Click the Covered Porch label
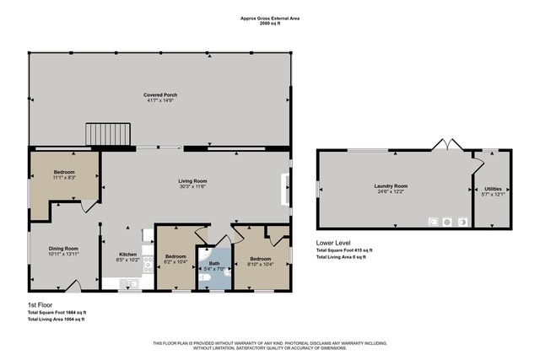point(159,95)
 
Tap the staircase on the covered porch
point(108,133)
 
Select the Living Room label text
point(192,181)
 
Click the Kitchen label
point(128,254)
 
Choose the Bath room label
point(213,263)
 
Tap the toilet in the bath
point(205,276)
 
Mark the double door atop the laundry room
point(445,146)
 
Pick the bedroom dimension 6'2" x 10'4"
point(175,261)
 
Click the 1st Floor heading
point(40,304)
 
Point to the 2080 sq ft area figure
point(269,24)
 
